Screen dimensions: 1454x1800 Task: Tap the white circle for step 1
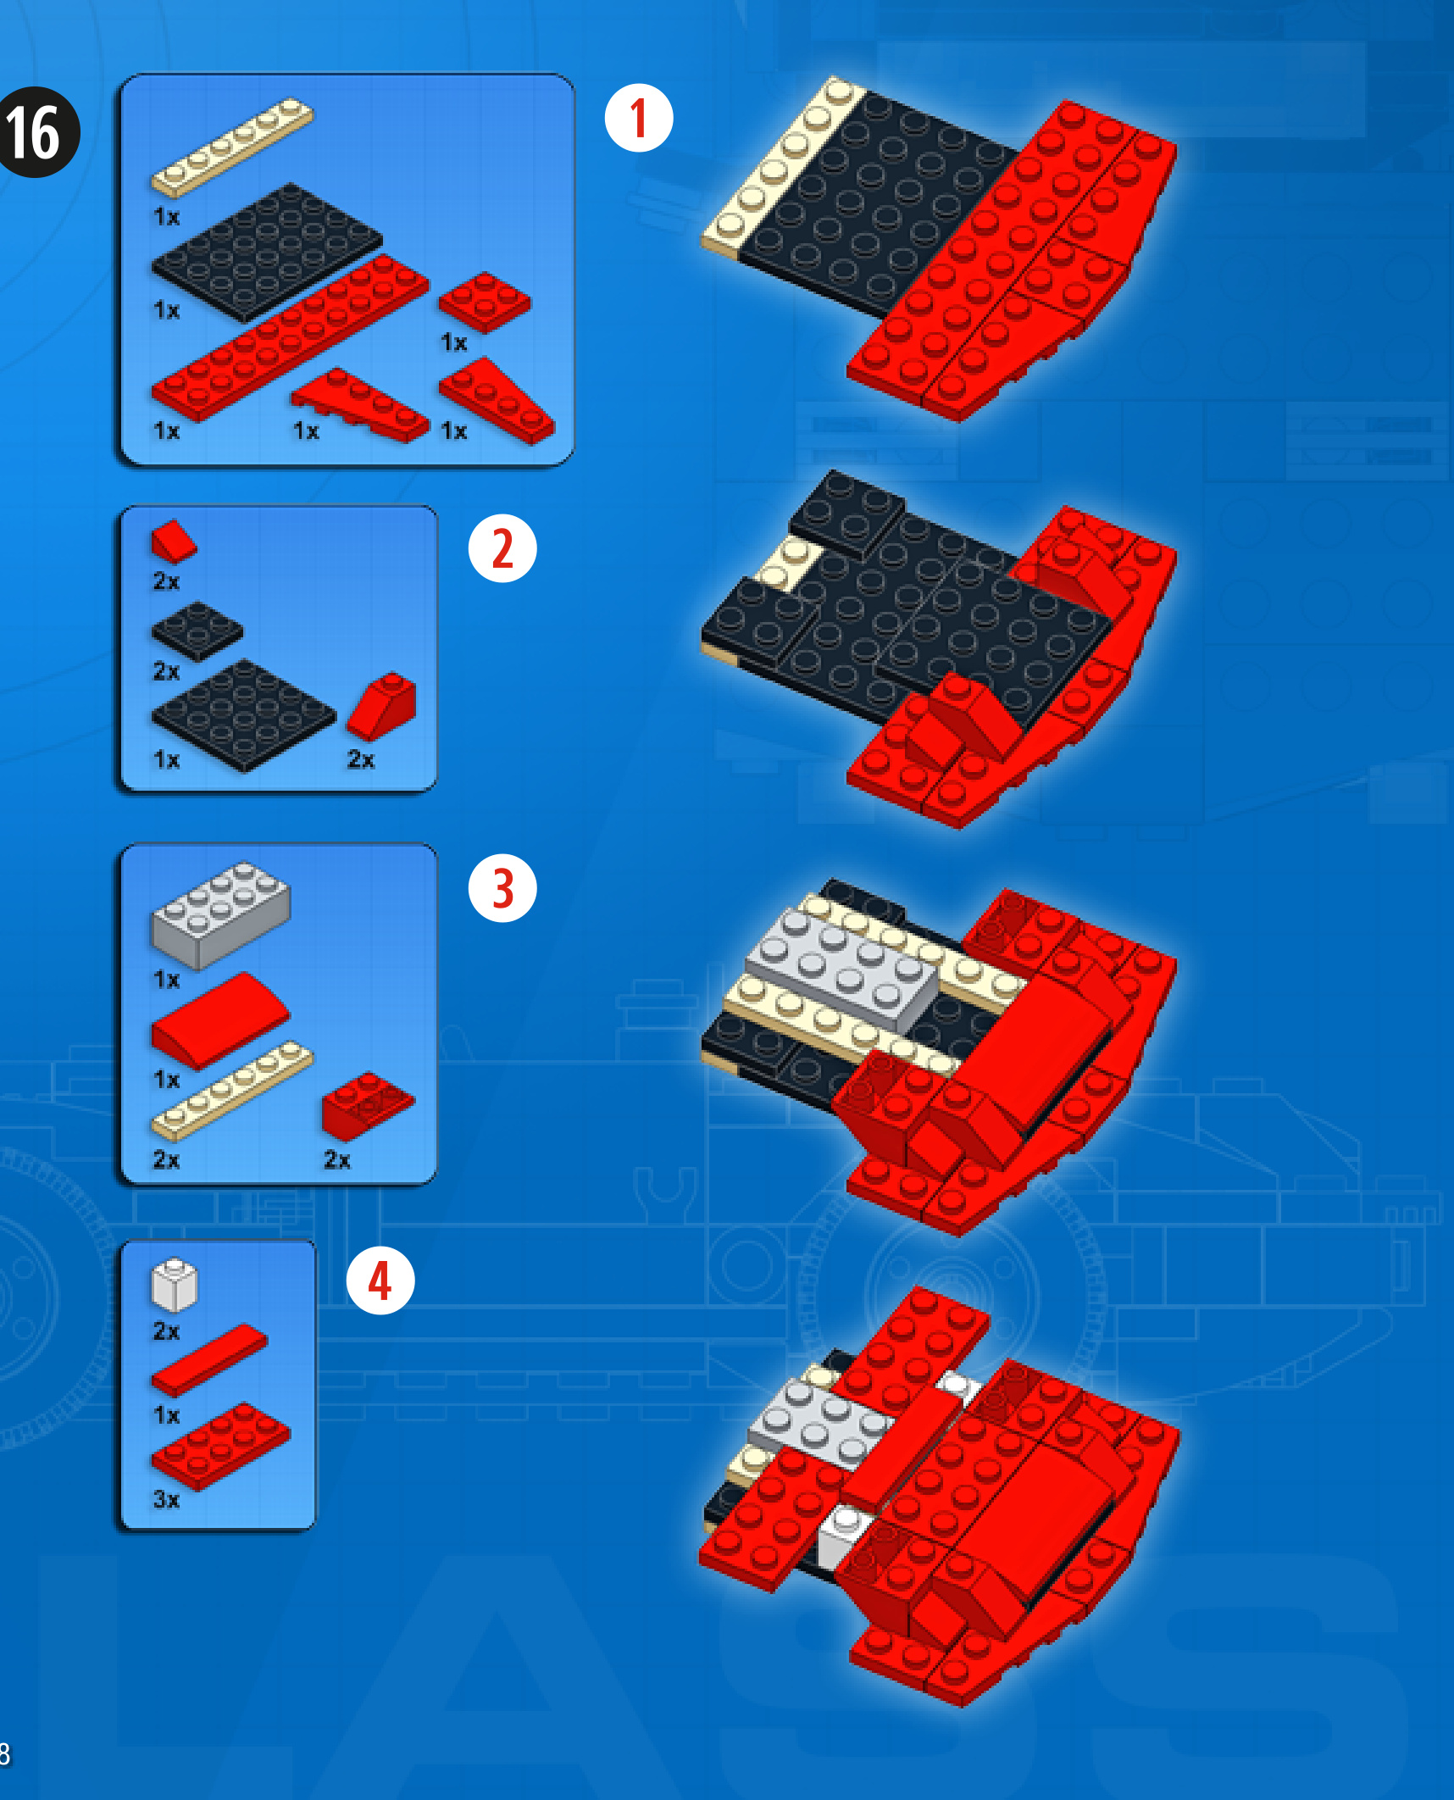click(x=639, y=118)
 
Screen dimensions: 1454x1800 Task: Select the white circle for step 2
click(x=502, y=548)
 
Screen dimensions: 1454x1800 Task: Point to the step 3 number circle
click(x=502, y=887)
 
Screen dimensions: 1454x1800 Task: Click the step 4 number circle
click(x=380, y=1280)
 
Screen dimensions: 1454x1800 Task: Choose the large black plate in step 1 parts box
click(x=267, y=253)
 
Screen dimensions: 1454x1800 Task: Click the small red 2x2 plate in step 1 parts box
click(x=485, y=302)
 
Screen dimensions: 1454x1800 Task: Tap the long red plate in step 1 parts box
click(x=291, y=337)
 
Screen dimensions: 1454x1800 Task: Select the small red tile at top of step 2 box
click(x=174, y=542)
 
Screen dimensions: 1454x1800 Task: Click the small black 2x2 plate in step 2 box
click(x=197, y=631)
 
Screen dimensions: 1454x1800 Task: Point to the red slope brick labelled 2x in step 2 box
click(x=382, y=707)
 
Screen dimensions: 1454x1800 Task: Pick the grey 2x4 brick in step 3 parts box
click(x=220, y=915)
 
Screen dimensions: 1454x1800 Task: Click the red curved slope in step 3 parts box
click(x=220, y=1020)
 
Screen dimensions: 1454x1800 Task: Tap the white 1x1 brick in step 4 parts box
click(x=175, y=1285)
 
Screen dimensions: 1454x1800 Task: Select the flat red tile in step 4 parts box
click(x=209, y=1361)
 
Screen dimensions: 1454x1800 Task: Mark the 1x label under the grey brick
click(x=167, y=981)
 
